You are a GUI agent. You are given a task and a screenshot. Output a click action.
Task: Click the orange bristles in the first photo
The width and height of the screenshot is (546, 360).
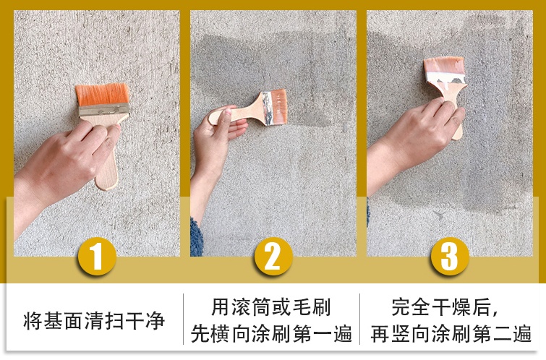[102, 95]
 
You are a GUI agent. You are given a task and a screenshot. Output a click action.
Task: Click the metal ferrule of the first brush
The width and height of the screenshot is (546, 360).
[104, 110]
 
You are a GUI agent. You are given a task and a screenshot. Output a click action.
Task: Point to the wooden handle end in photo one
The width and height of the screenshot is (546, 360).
[107, 177]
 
